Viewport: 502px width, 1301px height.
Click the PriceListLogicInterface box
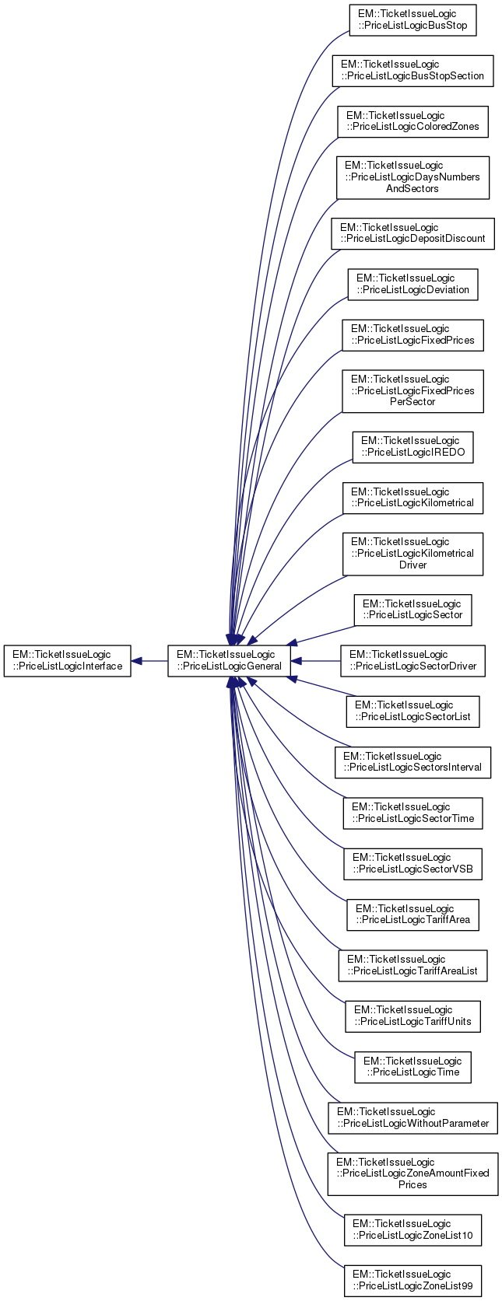[x=67, y=660]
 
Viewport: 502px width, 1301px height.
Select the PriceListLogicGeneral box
[x=229, y=660]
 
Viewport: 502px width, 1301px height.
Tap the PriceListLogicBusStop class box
[x=412, y=20]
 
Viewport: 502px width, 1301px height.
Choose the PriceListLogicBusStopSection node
[x=412, y=71]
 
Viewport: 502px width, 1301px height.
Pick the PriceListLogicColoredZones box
[x=412, y=121]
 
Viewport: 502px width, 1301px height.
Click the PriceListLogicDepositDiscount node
[x=412, y=233]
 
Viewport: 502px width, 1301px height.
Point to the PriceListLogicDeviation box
[x=412, y=284]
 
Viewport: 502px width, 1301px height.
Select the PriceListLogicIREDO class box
[x=412, y=447]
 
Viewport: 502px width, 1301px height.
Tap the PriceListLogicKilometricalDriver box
[x=412, y=554]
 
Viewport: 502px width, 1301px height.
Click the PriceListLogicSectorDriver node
[x=412, y=661]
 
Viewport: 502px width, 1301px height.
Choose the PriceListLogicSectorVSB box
[x=412, y=864]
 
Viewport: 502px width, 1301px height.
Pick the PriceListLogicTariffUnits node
[x=412, y=1016]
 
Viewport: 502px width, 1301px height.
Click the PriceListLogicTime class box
[x=412, y=1067]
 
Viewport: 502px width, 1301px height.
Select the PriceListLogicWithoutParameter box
[x=412, y=1117]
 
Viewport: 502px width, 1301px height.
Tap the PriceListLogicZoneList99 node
[x=412, y=1280]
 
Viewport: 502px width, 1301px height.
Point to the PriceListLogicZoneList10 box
[x=412, y=1229]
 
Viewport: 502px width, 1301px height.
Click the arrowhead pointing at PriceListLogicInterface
[x=136, y=661]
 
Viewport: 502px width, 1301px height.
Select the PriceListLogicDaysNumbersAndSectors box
[x=412, y=177]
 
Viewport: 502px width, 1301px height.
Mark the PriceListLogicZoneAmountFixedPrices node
[x=412, y=1173]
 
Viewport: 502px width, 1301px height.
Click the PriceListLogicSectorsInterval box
[x=412, y=762]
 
